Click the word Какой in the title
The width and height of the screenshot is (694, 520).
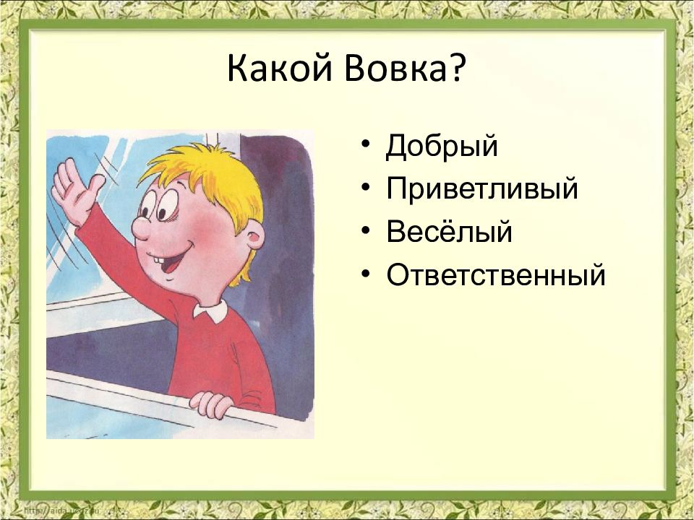pyautogui.click(x=279, y=69)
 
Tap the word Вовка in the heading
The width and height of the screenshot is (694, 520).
pyautogui.click(x=395, y=69)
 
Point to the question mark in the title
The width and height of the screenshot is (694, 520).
pyautogui.click(x=456, y=69)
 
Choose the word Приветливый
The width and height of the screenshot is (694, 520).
pyautogui.click(x=482, y=188)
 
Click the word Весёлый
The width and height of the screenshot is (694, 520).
pyautogui.click(x=449, y=230)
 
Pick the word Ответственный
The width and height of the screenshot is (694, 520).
pyautogui.click(x=496, y=274)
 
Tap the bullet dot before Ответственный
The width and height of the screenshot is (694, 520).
pyautogui.click(x=365, y=274)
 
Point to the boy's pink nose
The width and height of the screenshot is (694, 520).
pyautogui.click(x=142, y=228)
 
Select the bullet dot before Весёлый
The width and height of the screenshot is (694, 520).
pyautogui.click(x=365, y=230)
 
